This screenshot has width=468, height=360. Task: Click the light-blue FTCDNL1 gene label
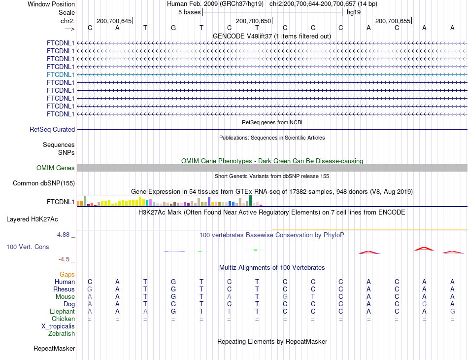[61, 74]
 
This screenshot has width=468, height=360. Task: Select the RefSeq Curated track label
[52, 130]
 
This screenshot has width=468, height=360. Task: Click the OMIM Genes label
[56, 168]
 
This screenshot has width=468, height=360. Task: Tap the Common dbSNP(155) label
[44, 183]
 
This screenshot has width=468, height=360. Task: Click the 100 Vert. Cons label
[28, 247]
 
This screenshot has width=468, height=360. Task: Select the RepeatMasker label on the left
[54, 349]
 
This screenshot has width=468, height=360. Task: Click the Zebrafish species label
[62, 334]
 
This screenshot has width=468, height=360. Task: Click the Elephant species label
[62, 312]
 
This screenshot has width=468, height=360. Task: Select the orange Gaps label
[67, 274]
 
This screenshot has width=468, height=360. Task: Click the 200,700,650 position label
[253, 21]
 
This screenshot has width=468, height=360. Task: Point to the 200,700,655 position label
[393, 21]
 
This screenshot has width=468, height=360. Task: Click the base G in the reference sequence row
[173, 28]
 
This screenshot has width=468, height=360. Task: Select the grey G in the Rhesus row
[90, 289]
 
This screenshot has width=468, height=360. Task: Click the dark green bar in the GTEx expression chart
[251, 200]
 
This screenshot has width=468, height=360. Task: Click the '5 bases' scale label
[189, 11]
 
